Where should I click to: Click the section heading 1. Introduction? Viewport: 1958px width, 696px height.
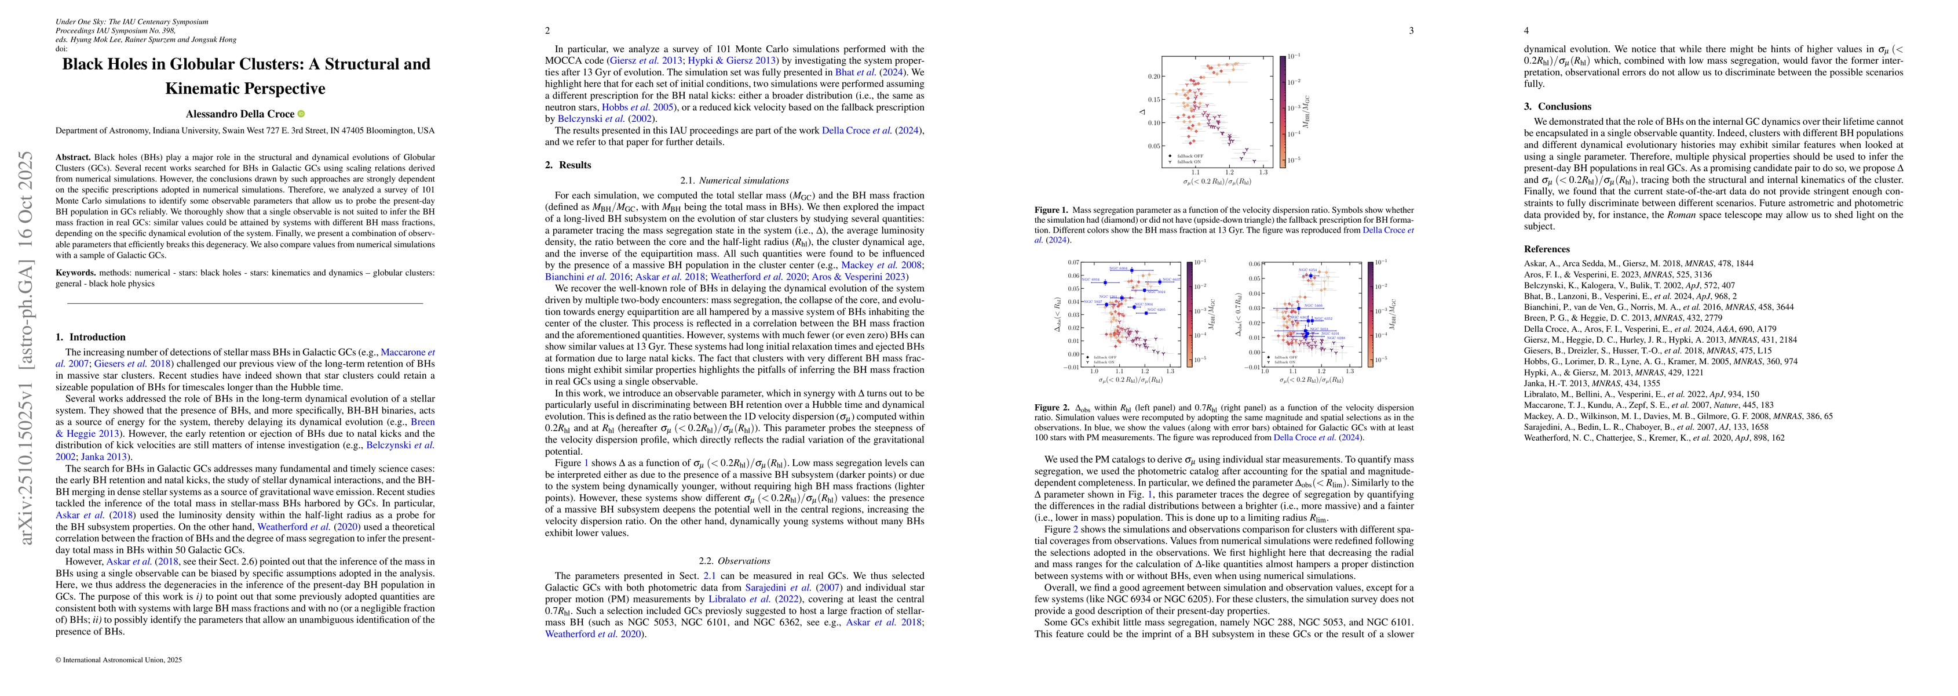coord(90,337)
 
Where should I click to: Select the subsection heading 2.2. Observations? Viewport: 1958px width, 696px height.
coord(735,561)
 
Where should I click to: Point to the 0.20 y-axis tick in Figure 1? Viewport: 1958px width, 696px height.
coord(1154,77)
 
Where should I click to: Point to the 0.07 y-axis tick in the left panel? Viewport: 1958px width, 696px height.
coord(1074,262)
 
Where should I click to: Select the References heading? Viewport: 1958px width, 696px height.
coord(1546,249)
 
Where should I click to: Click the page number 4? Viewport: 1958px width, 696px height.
coord(1526,30)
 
